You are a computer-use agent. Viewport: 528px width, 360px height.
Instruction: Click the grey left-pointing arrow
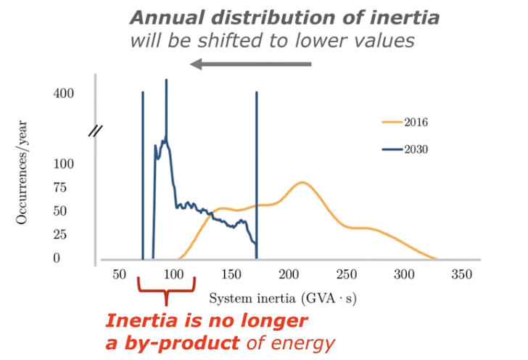coord(250,65)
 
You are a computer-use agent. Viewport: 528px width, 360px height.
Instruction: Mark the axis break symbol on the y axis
coord(95,131)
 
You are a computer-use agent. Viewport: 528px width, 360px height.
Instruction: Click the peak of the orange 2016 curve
coord(302,182)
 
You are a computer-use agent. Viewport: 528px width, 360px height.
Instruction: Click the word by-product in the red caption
coord(171,341)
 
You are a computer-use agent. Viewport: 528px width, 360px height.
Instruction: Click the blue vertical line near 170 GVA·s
coord(257,174)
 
